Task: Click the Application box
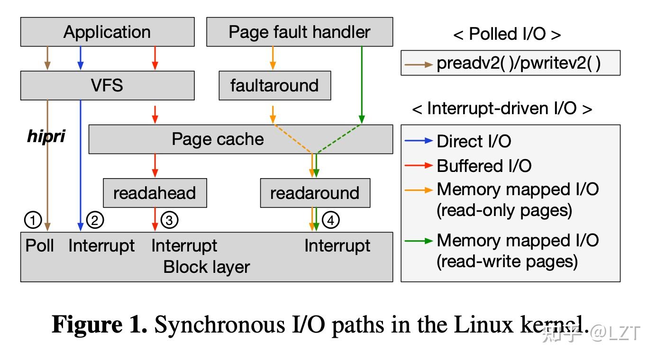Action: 107,32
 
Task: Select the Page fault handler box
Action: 300,32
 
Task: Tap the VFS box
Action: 107,85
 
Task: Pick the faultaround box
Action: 274,85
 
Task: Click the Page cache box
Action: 218,139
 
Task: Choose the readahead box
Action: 155,193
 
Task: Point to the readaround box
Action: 315,193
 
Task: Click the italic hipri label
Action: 46,136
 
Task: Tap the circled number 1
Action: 33,220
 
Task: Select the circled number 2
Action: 95,220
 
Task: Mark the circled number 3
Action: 169,220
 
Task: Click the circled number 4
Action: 331,220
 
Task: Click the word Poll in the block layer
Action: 40,246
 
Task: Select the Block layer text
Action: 206,267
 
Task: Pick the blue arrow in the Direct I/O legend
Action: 419,141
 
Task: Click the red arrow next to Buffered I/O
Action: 419,165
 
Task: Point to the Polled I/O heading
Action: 507,34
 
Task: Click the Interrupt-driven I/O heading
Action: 502,108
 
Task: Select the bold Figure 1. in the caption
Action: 100,325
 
